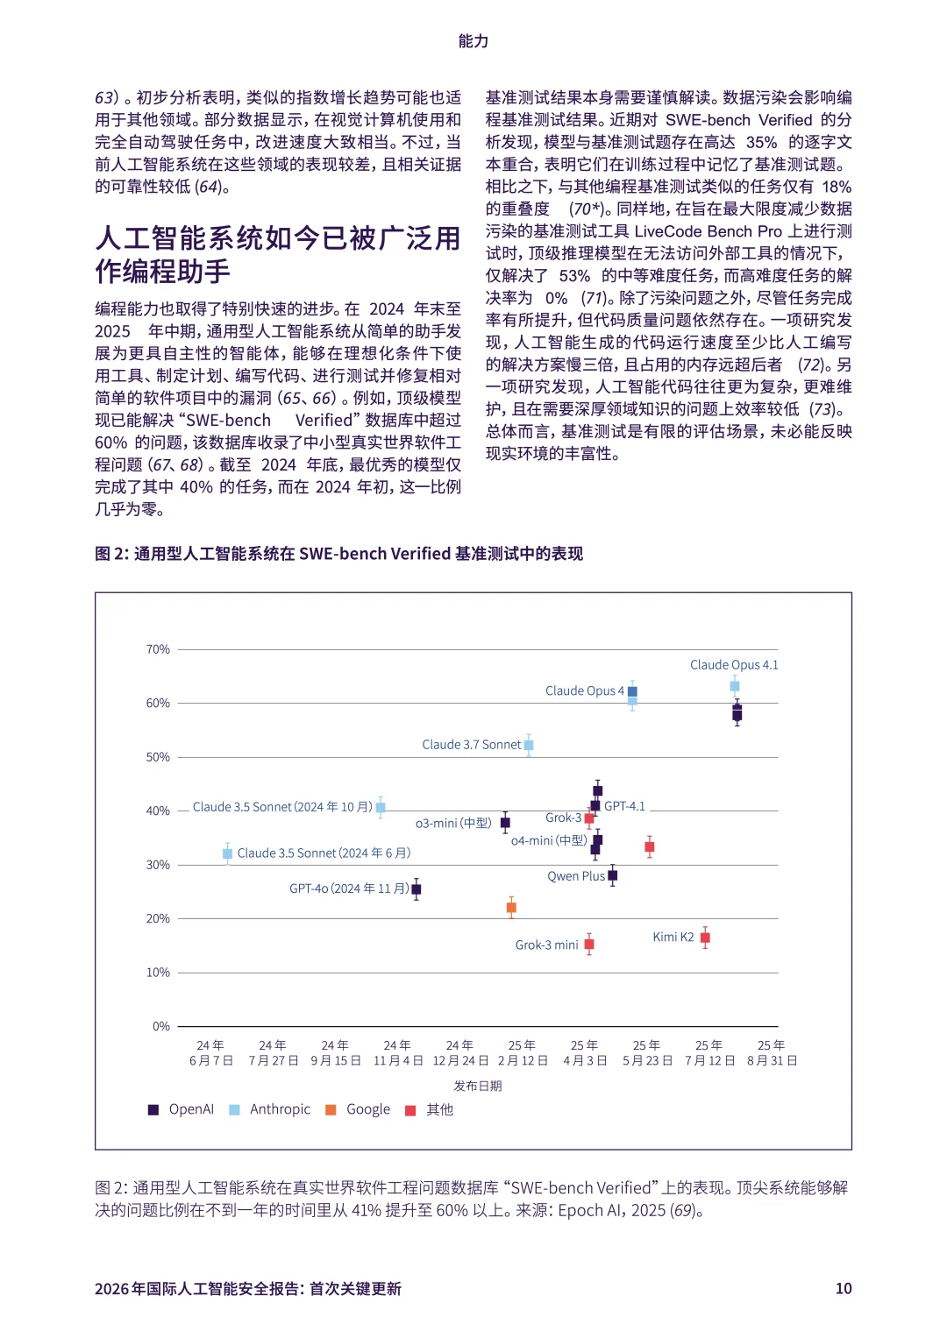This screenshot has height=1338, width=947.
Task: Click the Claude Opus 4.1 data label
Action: pos(733,665)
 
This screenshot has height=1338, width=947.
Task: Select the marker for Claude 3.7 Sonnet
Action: pos(529,745)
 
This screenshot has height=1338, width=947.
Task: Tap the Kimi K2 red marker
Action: pos(705,938)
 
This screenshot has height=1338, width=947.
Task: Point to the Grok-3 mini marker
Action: pos(589,944)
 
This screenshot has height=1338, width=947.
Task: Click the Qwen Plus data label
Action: pos(575,876)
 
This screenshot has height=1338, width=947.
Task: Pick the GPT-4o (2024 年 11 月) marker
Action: pos(417,889)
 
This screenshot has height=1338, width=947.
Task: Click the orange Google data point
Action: pos(511,908)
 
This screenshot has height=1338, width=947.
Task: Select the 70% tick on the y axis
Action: pos(158,649)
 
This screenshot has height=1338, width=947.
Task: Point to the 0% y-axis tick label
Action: pos(160,1026)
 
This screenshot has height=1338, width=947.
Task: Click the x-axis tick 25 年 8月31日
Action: pos(772,1052)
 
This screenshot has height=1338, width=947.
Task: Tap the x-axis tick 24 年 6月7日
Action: pos(210,1052)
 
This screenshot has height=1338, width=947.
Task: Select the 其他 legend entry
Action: pos(430,1109)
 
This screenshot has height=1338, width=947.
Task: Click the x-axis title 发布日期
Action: pos(478,1086)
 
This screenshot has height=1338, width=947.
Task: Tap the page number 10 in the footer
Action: pos(843,1288)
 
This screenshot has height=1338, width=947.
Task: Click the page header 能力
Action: pos(473,41)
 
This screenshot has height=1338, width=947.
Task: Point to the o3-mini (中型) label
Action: pos(453,824)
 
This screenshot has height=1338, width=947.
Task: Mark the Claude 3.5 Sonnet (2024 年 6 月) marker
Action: pos(228,853)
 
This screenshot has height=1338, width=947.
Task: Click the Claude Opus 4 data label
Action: pos(584,690)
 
